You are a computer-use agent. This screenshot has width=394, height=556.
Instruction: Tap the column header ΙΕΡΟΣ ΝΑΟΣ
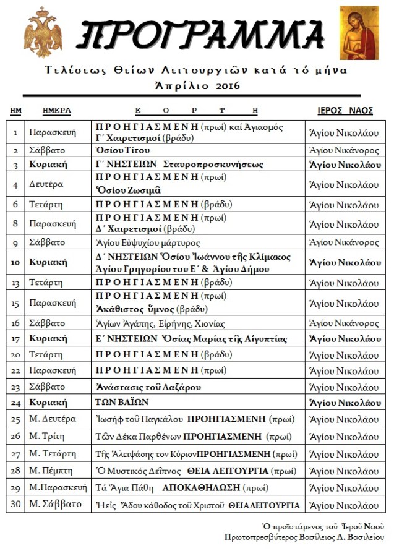pos(345,111)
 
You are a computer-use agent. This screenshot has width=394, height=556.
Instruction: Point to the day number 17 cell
pos(15,339)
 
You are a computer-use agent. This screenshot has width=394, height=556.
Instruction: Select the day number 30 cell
pos(15,504)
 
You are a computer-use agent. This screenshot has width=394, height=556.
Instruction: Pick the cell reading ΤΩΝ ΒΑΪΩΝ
pos(122,403)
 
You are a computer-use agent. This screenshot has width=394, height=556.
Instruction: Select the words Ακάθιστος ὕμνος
pos(134,309)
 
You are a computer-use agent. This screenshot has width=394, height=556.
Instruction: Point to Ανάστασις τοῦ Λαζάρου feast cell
pos(148,387)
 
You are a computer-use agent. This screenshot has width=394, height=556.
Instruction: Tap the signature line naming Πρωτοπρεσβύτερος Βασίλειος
pos(304,537)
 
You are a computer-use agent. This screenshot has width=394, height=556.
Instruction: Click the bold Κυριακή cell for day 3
pos(48,165)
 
